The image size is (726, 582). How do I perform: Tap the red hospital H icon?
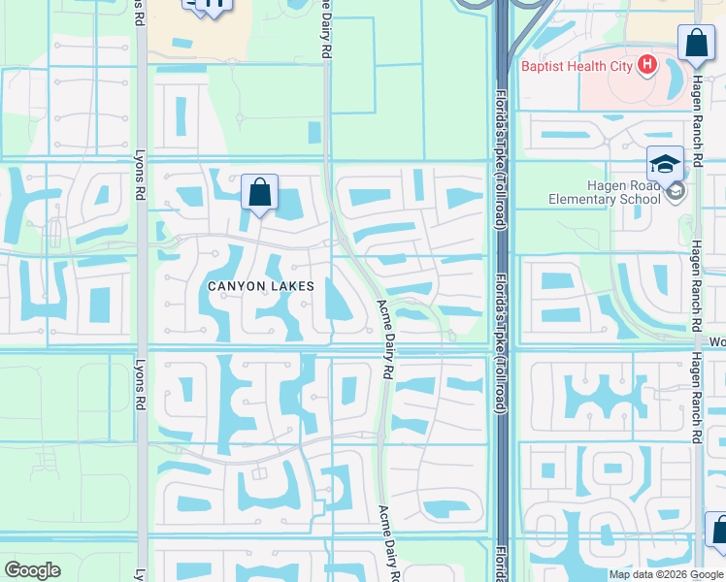[x=647, y=66]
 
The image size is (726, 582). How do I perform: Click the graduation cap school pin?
[x=666, y=163]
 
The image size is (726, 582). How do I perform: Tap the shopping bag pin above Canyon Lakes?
[x=260, y=193]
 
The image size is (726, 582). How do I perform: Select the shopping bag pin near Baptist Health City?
[x=696, y=45]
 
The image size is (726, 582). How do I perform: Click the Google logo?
[x=32, y=570]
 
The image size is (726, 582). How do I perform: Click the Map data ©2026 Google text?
[x=667, y=574]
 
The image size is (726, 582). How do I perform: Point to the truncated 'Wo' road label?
[x=716, y=341]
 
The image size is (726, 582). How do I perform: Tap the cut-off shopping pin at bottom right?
[x=717, y=532]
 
